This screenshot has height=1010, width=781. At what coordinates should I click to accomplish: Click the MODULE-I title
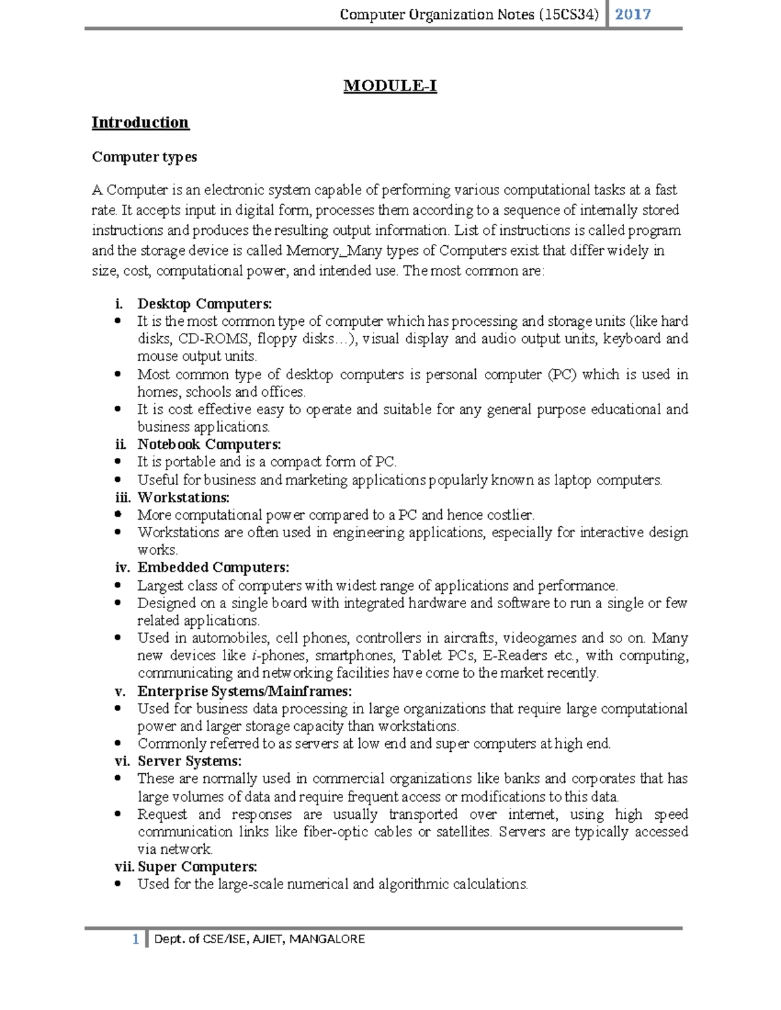tap(390, 86)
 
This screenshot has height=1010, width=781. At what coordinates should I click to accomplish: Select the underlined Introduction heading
tap(140, 122)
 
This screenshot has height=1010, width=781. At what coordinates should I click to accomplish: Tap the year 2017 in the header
tap(633, 14)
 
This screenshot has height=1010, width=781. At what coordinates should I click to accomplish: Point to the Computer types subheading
tap(144, 157)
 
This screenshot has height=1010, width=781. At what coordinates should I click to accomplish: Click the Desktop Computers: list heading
tap(204, 304)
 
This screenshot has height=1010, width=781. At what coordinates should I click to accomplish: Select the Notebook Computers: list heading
tap(209, 444)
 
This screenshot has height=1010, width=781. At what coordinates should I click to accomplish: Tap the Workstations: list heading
tap(183, 498)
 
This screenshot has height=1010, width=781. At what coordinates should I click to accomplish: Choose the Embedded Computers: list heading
tap(213, 568)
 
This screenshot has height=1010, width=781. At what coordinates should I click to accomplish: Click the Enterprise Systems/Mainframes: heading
tap(244, 691)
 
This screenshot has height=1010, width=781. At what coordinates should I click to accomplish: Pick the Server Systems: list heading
tap(189, 761)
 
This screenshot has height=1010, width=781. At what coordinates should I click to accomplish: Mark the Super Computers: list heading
tap(197, 867)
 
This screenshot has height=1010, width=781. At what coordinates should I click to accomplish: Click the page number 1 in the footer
tap(135, 938)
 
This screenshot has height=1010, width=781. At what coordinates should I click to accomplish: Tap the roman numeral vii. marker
tap(124, 867)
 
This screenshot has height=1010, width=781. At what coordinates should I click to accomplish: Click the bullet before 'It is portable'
tap(118, 462)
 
